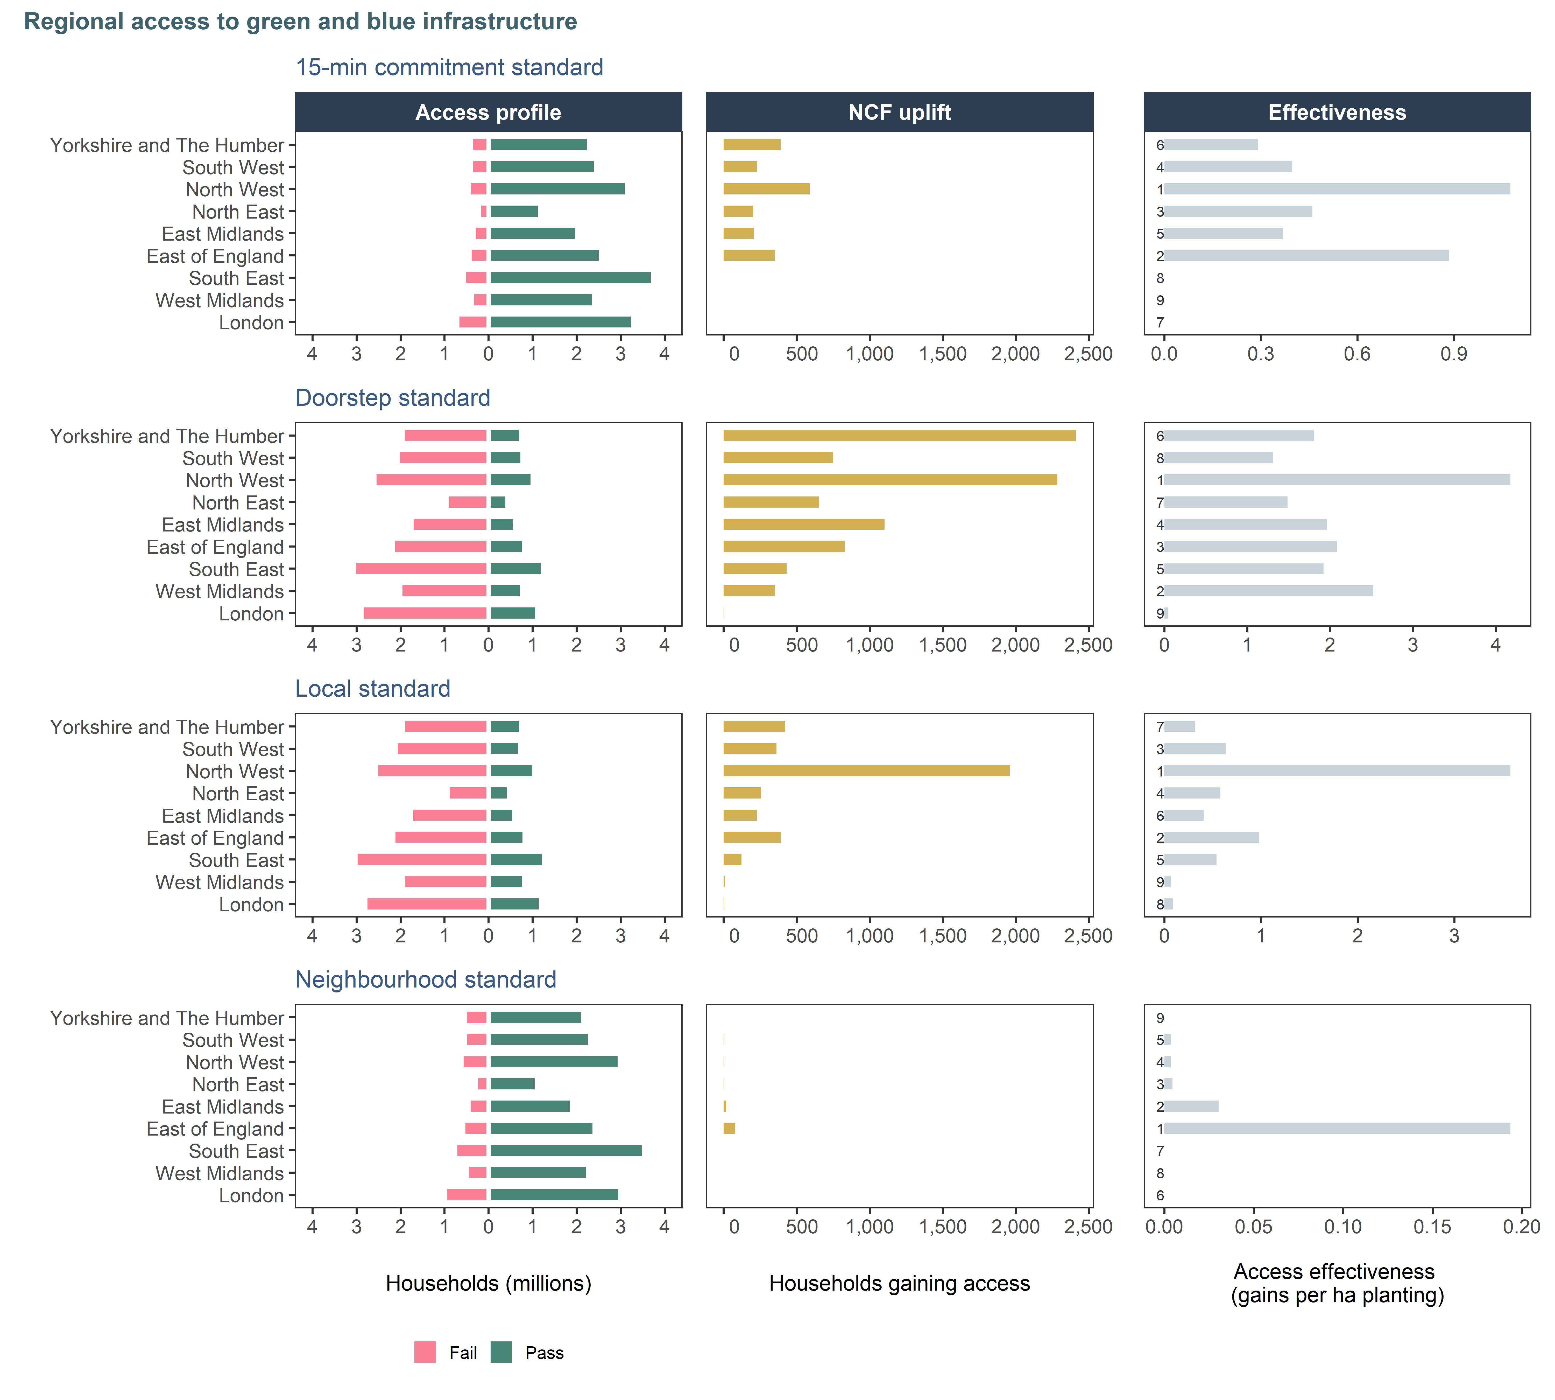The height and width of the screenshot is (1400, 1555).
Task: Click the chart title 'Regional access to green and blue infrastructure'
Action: pos(301,22)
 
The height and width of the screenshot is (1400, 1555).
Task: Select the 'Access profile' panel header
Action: pos(488,112)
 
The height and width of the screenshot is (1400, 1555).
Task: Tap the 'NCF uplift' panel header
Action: pos(900,112)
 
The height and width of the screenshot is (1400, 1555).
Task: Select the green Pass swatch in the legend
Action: pos(501,1352)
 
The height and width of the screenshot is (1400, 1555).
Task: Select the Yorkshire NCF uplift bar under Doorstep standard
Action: pos(900,435)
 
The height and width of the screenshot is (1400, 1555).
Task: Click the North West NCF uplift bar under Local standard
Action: pos(867,771)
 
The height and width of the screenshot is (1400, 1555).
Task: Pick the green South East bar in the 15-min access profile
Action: pos(571,278)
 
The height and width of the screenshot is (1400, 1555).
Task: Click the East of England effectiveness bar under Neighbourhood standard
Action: pos(1337,1129)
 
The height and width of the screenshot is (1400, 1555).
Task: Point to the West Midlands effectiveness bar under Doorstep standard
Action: pos(1268,591)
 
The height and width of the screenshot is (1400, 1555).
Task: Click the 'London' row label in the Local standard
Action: pos(251,905)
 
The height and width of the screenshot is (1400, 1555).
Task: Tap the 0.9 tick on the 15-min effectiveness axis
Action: pos(1453,354)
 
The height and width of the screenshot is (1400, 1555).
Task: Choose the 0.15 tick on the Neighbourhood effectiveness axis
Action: pos(1432,1227)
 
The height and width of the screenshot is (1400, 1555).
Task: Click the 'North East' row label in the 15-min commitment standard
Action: pos(238,212)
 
